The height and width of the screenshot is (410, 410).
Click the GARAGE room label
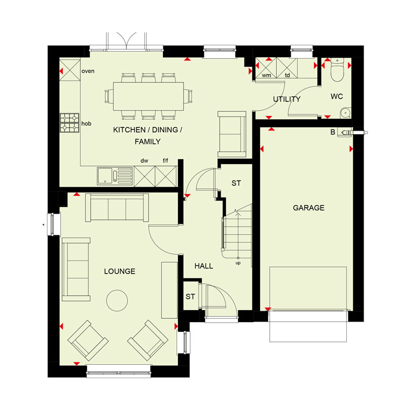pos(309,208)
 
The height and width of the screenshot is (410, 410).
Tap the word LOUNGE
pos(120,271)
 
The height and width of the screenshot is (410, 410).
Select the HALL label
pos(204,266)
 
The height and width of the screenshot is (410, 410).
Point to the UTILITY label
pos(287,99)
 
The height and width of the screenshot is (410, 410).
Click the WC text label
pos(337,97)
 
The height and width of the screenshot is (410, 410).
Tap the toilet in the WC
pos(337,70)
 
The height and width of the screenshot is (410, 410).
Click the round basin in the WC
pos(346,113)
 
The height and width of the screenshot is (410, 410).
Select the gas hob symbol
pos(70,123)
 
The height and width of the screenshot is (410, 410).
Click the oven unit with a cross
pos(70,70)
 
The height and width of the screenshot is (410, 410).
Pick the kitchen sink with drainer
pos(115,176)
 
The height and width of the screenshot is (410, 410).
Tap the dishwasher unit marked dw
pos(145,176)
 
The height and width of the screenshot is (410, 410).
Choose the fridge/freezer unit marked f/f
pos(166,176)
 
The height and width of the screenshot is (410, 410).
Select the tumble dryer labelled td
pos(287,68)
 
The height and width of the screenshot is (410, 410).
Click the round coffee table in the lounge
pos(117,300)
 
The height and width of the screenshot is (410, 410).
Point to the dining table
pos(148,96)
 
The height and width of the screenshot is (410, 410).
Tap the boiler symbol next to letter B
pos(345,133)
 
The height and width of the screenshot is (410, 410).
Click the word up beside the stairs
pos(238,263)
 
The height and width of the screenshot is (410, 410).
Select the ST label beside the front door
pos(190,297)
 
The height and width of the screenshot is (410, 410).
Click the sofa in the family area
pos(232,134)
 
